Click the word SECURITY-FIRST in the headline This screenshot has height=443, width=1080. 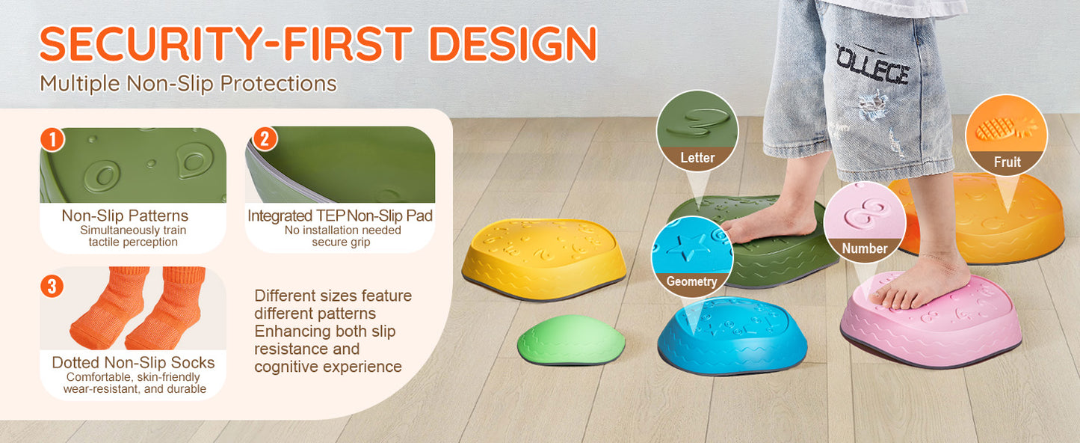224,43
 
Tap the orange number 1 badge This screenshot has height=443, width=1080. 52,139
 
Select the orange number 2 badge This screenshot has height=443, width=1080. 265,138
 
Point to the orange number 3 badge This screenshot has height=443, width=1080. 52,286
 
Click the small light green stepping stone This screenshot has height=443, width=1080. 571,341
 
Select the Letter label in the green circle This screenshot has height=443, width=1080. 697,158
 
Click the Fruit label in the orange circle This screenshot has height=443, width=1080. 1007,162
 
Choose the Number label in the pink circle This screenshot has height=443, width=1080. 865,248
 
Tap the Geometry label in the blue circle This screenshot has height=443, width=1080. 691,282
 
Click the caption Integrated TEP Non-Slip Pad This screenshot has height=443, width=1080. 340,216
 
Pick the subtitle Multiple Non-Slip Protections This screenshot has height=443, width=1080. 188,83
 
